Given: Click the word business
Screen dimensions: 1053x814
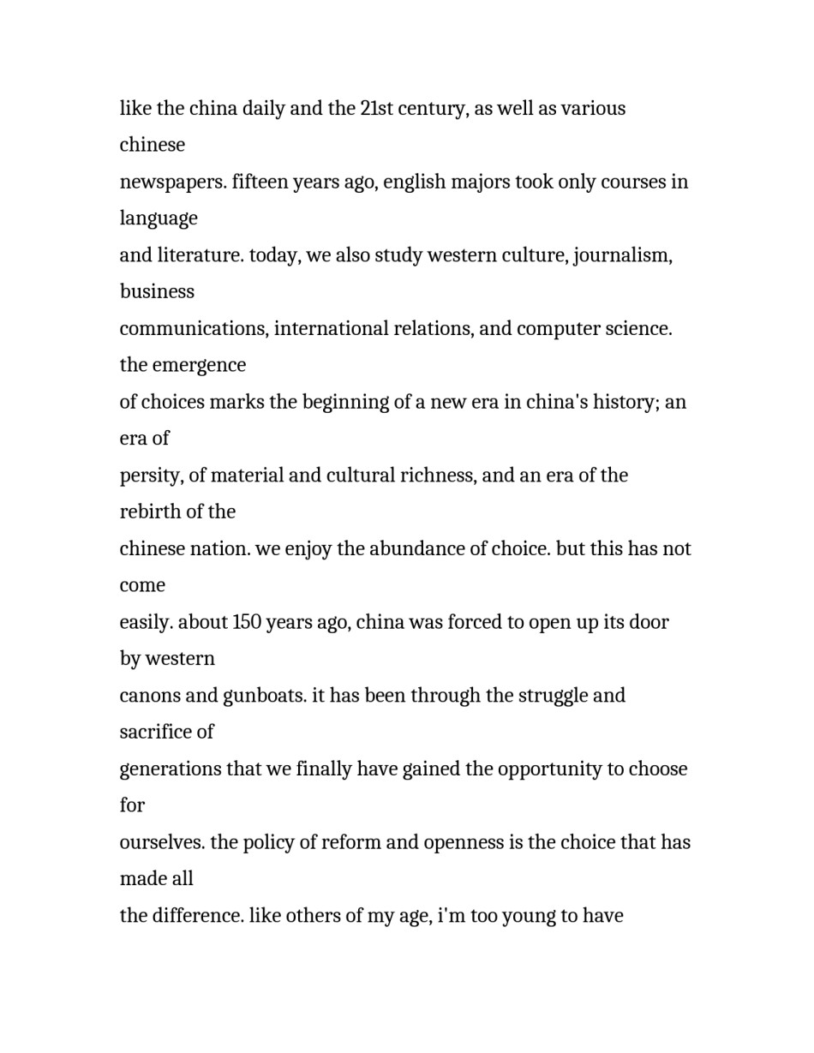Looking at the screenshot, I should [157, 292].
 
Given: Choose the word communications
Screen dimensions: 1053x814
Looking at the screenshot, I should [193, 329].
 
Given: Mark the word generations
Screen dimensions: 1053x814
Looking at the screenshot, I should [170, 769].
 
